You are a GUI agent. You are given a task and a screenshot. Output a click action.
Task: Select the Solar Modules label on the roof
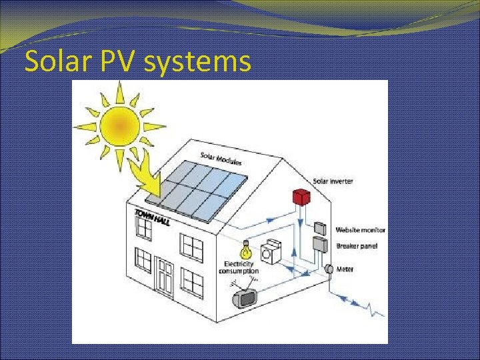coord(221,159)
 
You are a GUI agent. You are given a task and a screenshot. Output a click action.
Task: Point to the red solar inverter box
coord(302,197)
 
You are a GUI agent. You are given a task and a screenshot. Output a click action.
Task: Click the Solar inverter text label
coord(333,181)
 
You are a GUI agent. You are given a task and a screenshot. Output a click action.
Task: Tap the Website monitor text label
coord(360,230)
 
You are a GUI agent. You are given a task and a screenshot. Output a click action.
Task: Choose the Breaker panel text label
coord(357,246)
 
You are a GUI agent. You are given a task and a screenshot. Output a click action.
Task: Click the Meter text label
coord(345,269)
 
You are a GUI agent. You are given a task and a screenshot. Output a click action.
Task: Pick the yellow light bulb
coord(245,250)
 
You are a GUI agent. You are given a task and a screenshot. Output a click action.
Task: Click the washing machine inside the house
coord(272,253)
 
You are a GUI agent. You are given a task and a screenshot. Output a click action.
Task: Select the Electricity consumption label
coord(238,268)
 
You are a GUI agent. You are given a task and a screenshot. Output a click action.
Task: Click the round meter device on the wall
coord(328,269)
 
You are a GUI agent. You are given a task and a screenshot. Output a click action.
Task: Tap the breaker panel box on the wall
coord(319,245)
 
